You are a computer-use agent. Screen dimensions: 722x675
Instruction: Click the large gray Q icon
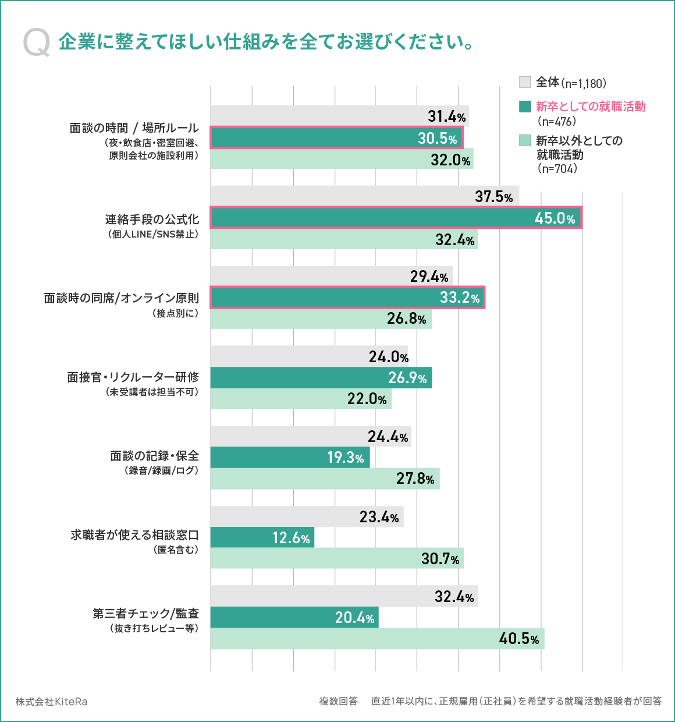click(37, 44)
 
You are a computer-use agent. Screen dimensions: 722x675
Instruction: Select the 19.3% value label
click(346, 458)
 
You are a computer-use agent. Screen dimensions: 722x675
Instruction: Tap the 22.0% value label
click(367, 399)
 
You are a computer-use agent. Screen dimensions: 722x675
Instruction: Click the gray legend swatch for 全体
click(525, 82)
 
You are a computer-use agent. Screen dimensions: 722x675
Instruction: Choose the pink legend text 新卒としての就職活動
click(591, 107)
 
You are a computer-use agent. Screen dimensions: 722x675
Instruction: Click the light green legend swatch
click(525, 140)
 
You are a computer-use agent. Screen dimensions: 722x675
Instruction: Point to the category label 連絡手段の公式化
click(152, 220)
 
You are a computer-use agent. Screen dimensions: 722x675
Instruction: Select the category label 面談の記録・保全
click(155, 456)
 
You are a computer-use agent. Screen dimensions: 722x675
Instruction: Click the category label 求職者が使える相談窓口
click(135, 535)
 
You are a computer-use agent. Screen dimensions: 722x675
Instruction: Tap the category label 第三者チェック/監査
click(146, 614)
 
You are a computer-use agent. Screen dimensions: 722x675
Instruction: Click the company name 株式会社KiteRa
click(52, 702)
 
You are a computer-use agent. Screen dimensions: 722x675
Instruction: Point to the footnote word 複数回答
click(338, 701)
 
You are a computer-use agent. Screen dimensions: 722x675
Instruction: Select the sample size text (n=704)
click(557, 169)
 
